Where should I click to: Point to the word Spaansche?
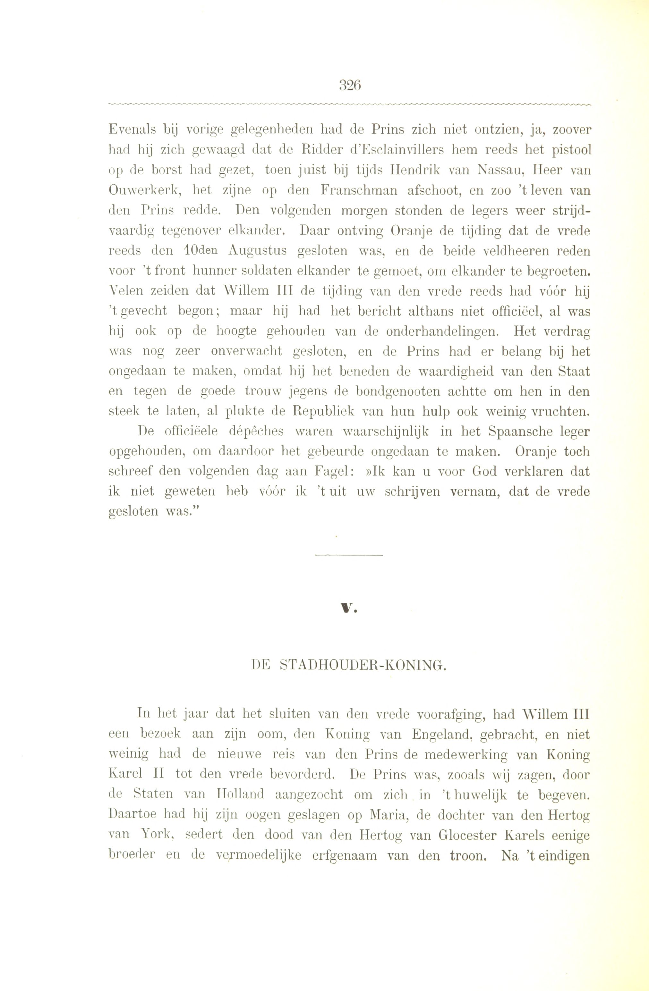[x=517, y=432]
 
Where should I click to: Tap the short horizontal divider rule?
[x=349, y=555]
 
